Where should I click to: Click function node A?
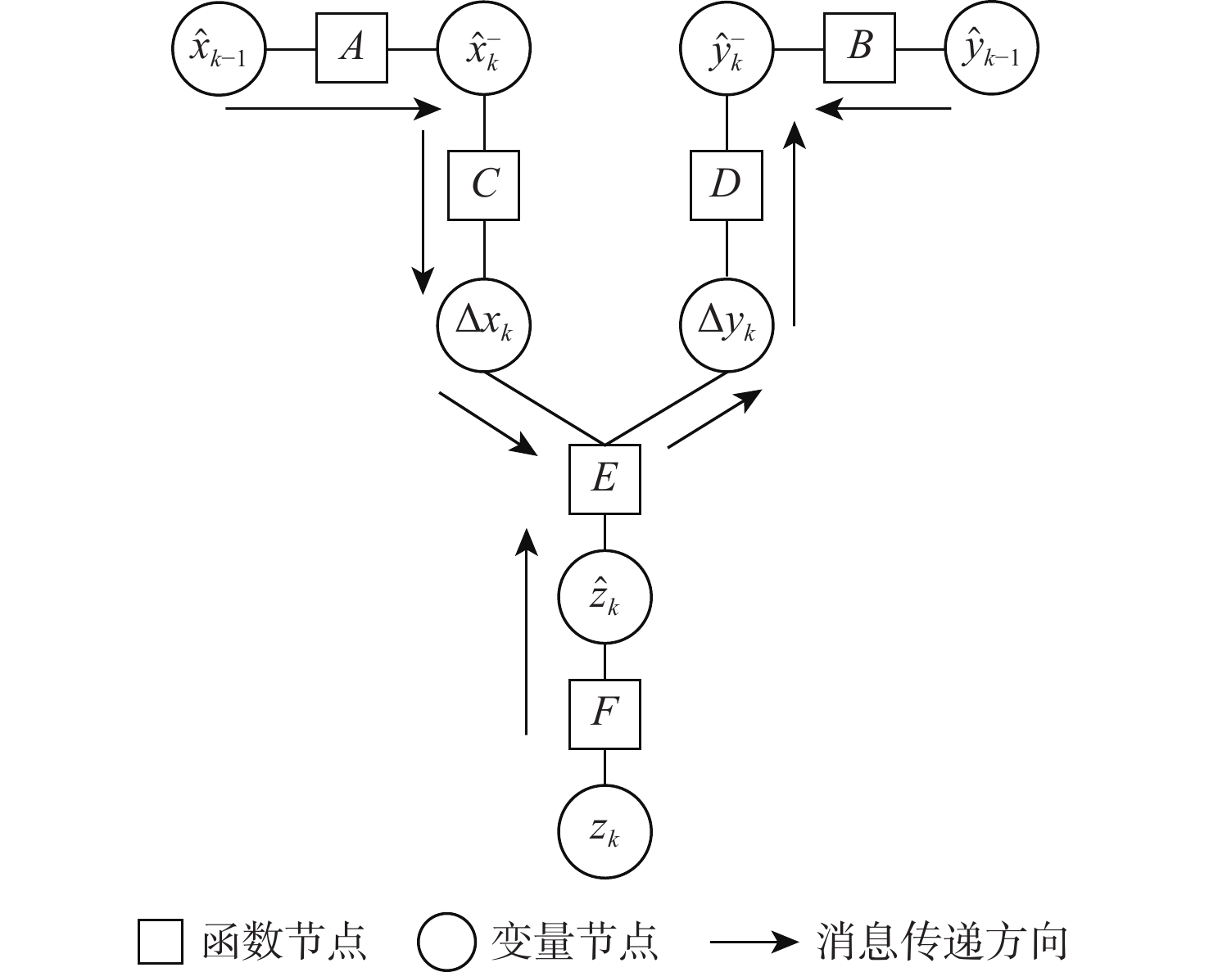(x=351, y=47)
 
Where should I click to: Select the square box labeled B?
(x=859, y=47)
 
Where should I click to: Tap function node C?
(x=483, y=185)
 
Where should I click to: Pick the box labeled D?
(x=727, y=185)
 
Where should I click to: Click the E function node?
(x=604, y=479)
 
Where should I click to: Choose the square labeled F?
(x=604, y=714)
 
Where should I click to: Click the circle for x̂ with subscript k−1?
(x=220, y=49)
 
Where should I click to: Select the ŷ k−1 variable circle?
(x=992, y=49)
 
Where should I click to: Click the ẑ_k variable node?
(x=604, y=598)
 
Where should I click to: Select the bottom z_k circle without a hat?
(x=604, y=833)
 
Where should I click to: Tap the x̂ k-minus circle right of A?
(x=484, y=49)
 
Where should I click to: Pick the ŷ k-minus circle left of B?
(x=727, y=49)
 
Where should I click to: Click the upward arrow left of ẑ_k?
(x=527, y=631)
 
